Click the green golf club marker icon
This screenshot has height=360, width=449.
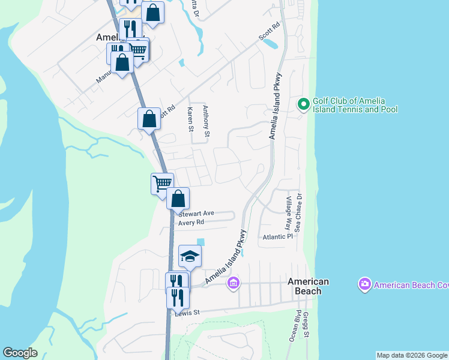[x=304, y=105]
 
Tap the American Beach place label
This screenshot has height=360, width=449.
[x=308, y=286]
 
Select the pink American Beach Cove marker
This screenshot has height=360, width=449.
[x=364, y=284]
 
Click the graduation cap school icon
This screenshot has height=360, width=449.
[x=190, y=256]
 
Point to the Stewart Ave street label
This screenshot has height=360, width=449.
[x=196, y=213]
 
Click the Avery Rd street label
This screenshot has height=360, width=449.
[x=191, y=222]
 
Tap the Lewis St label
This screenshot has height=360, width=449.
[x=186, y=312]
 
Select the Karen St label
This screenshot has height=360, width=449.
[x=190, y=119]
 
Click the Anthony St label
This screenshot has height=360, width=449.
[x=205, y=121]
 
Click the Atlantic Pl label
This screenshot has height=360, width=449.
[x=277, y=237]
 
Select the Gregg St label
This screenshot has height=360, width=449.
[x=306, y=325]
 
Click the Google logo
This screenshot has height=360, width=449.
[x=20, y=353]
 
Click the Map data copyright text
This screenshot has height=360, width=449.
[x=412, y=355]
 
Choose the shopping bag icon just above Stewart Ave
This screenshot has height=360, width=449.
[x=178, y=198]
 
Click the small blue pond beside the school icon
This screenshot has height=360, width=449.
[x=200, y=242]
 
